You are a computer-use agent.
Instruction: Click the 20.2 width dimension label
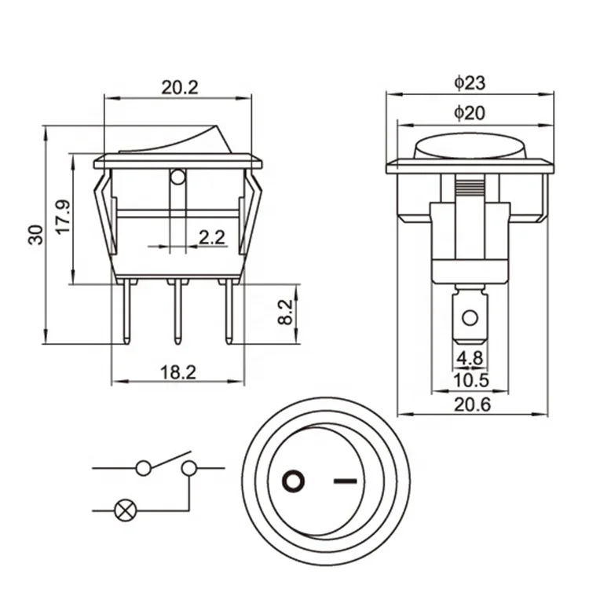[x=180, y=87]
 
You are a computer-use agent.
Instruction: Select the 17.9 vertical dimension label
[x=63, y=217]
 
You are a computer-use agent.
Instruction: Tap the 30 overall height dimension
[x=35, y=235]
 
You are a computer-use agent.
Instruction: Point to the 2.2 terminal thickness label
[x=211, y=237]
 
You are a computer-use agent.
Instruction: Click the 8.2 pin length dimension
[x=286, y=312]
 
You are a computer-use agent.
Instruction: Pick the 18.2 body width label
[x=178, y=372]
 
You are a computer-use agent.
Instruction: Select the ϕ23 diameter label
[x=470, y=83]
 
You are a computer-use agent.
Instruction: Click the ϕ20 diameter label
[x=470, y=112]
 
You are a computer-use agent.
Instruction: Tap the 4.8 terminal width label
[x=470, y=357]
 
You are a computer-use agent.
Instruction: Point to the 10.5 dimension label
[x=471, y=381]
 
